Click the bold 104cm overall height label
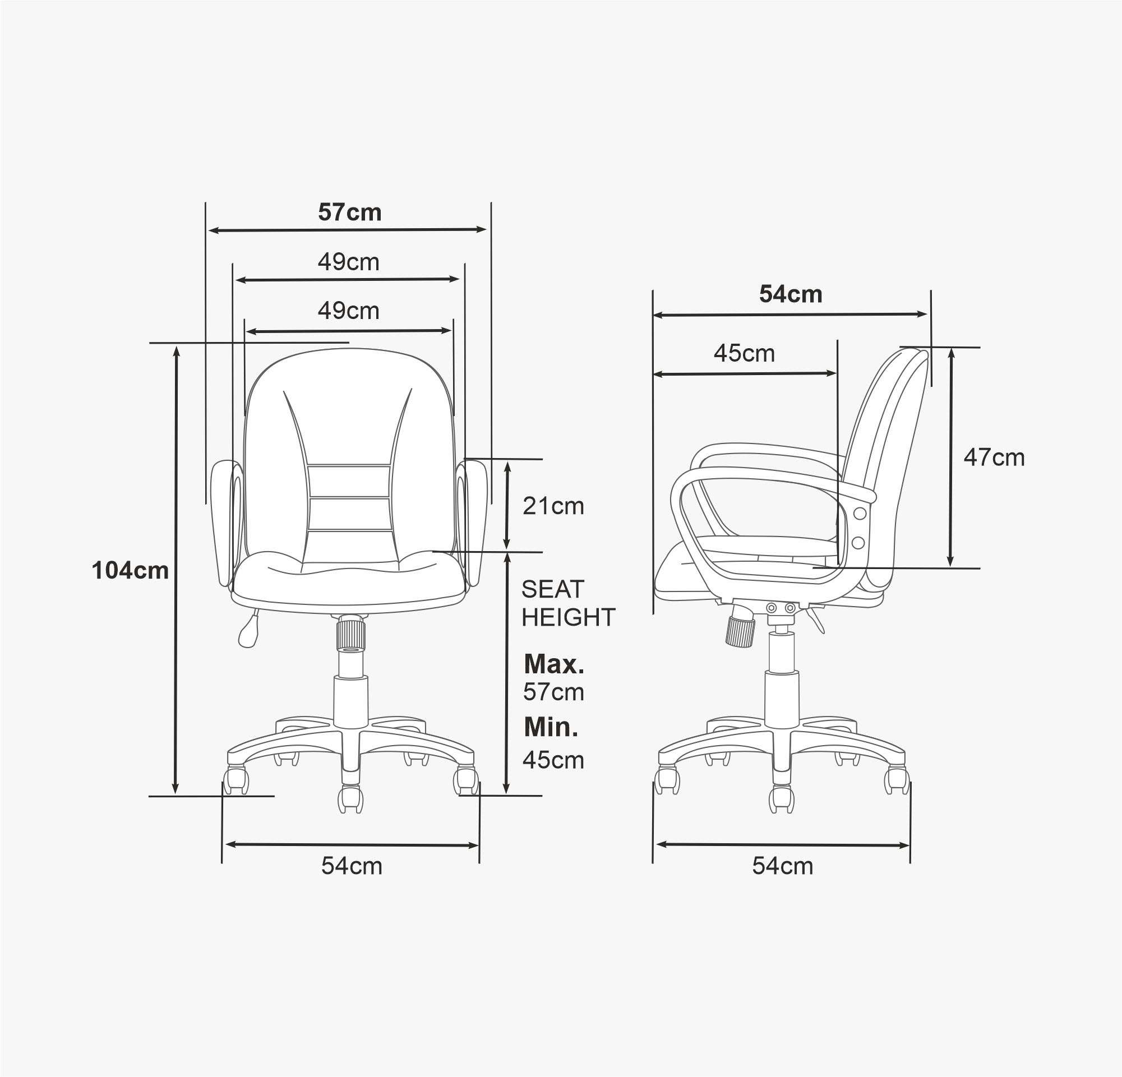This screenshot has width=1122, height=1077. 131,571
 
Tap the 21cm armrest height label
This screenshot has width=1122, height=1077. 553,506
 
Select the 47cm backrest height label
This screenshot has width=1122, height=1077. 994,457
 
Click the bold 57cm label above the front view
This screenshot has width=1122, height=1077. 350,212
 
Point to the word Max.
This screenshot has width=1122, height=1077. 554,664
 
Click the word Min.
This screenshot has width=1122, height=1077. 551,727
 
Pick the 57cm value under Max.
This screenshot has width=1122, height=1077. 553,692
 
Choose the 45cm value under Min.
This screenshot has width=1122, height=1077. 553,760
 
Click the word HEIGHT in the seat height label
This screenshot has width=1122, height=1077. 569,617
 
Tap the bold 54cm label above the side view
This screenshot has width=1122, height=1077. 791,294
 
